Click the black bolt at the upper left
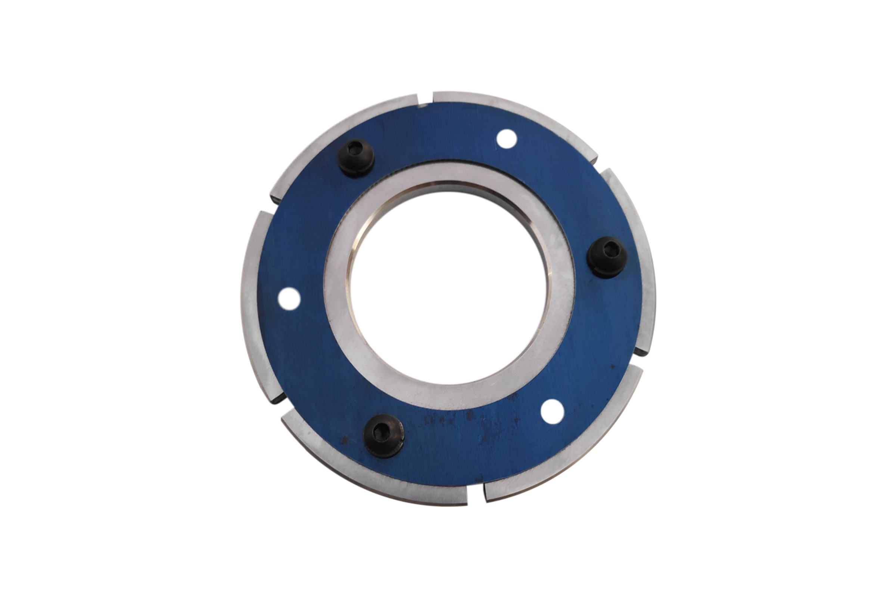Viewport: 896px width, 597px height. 357,157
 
